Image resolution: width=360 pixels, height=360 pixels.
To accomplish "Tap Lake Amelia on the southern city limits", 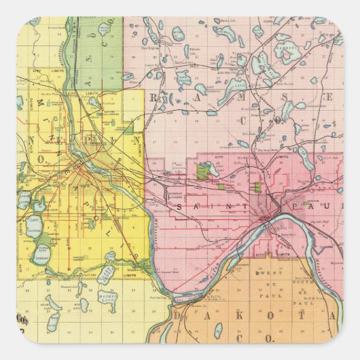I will pos(107,274).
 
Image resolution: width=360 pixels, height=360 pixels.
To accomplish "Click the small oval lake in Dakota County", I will pos(218,330).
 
